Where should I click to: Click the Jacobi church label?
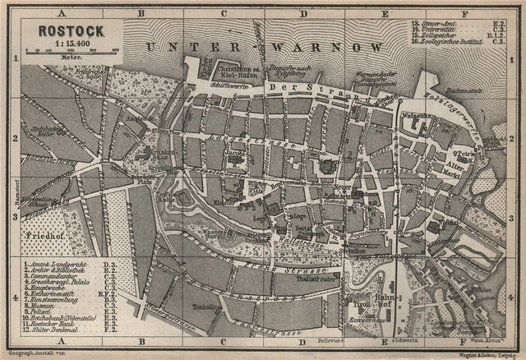(237, 153)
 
